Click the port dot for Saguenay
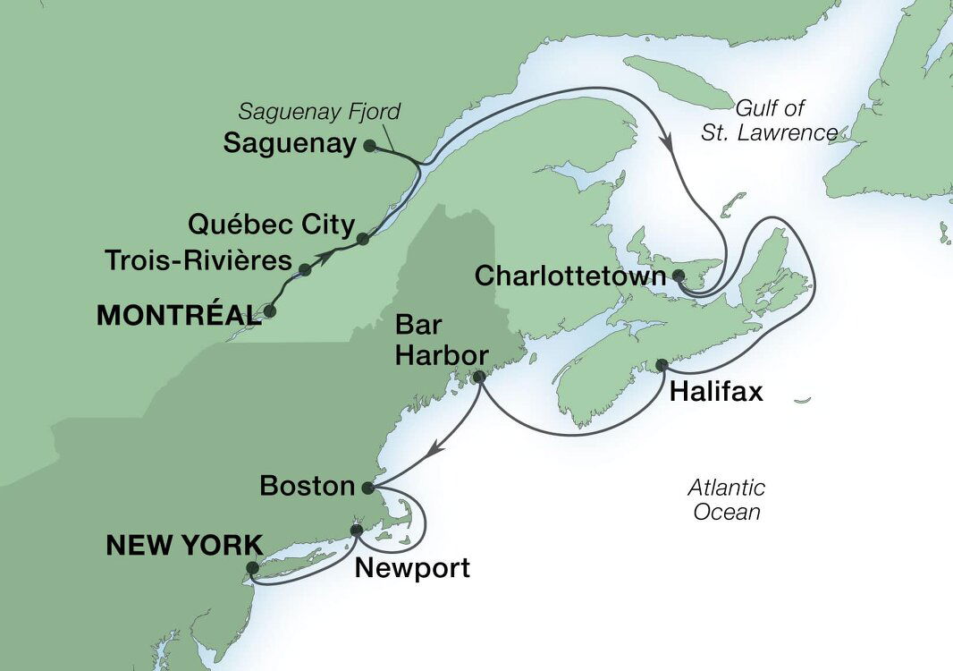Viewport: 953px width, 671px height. pos(368,145)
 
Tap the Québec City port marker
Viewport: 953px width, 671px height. pos(362,239)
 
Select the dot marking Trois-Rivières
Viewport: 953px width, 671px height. pos(305,269)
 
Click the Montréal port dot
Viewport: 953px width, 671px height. pos(268,313)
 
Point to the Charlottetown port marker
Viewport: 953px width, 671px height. pos(679,276)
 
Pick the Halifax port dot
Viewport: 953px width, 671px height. pos(662,365)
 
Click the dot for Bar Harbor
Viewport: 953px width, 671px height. pos(478,377)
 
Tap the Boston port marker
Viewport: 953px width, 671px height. pos(367,488)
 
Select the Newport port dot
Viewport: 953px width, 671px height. pos(357,530)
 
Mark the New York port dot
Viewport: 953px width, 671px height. pos(252,567)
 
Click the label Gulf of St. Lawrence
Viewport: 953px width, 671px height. pos(780,121)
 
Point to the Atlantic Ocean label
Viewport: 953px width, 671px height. pos(726,500)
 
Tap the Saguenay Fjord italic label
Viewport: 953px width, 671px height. pos(319,112)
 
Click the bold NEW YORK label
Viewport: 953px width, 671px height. pos(185,545)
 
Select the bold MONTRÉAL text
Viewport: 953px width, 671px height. pos(174,315)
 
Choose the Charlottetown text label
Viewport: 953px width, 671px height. pos(570,276)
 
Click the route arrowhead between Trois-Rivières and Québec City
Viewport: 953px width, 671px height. pos(332,255)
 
